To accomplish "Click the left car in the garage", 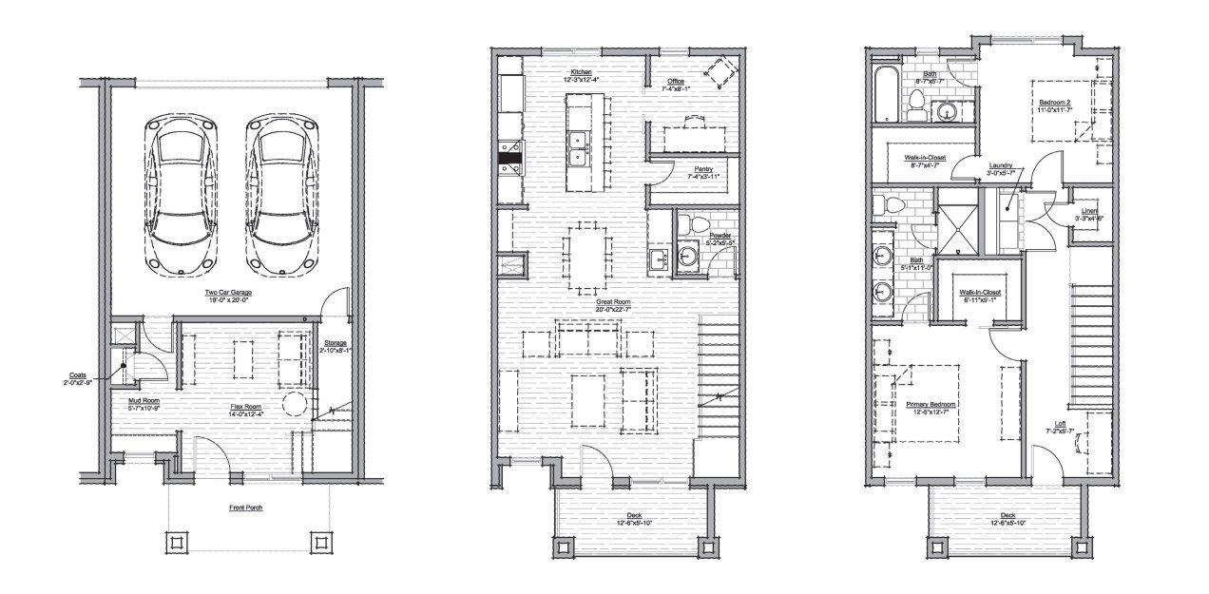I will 182,195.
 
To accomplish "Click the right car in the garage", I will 279,195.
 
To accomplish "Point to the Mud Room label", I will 144,401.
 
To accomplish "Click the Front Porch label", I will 245,508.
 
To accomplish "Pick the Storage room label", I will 335,343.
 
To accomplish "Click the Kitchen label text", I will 582,73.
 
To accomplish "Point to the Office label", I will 676,82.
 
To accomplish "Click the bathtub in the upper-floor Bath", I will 888,95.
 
